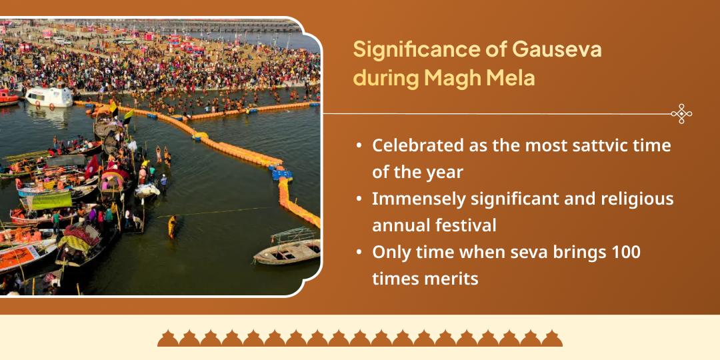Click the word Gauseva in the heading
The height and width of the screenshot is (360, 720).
pyautogui.click(x=556, y=49)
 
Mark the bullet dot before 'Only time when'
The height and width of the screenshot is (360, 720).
pyautogui.click(x=360, y=253)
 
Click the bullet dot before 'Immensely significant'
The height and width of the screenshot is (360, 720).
pyautogui.click(x=360, y=199)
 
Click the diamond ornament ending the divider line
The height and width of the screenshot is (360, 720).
pyautogui.click(x=681, y=114)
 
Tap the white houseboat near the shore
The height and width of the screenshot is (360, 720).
pyautogui.click(x=49, y=97)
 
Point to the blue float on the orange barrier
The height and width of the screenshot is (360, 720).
pyautogui.click(x=282, y=175)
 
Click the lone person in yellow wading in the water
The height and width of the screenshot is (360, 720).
pyautogui.click(x=172, y=226)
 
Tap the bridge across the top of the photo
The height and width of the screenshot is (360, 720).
pyautogui.click(x=200, y=27)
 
